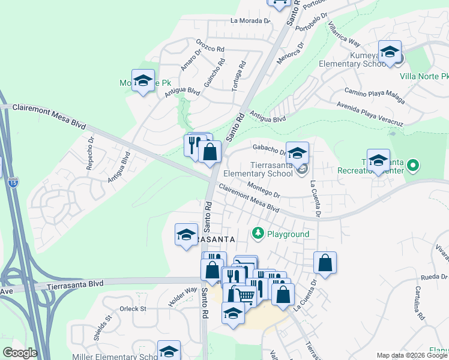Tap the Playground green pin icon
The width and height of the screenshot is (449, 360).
coord(258,232)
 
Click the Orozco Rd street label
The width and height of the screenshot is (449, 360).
coord(210,46)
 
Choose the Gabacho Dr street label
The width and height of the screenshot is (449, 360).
coord(268,149)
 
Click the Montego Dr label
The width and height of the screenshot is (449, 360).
coord(264,191)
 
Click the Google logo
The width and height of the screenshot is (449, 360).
coord(20,353)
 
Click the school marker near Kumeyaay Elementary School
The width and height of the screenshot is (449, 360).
coord(390,52)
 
